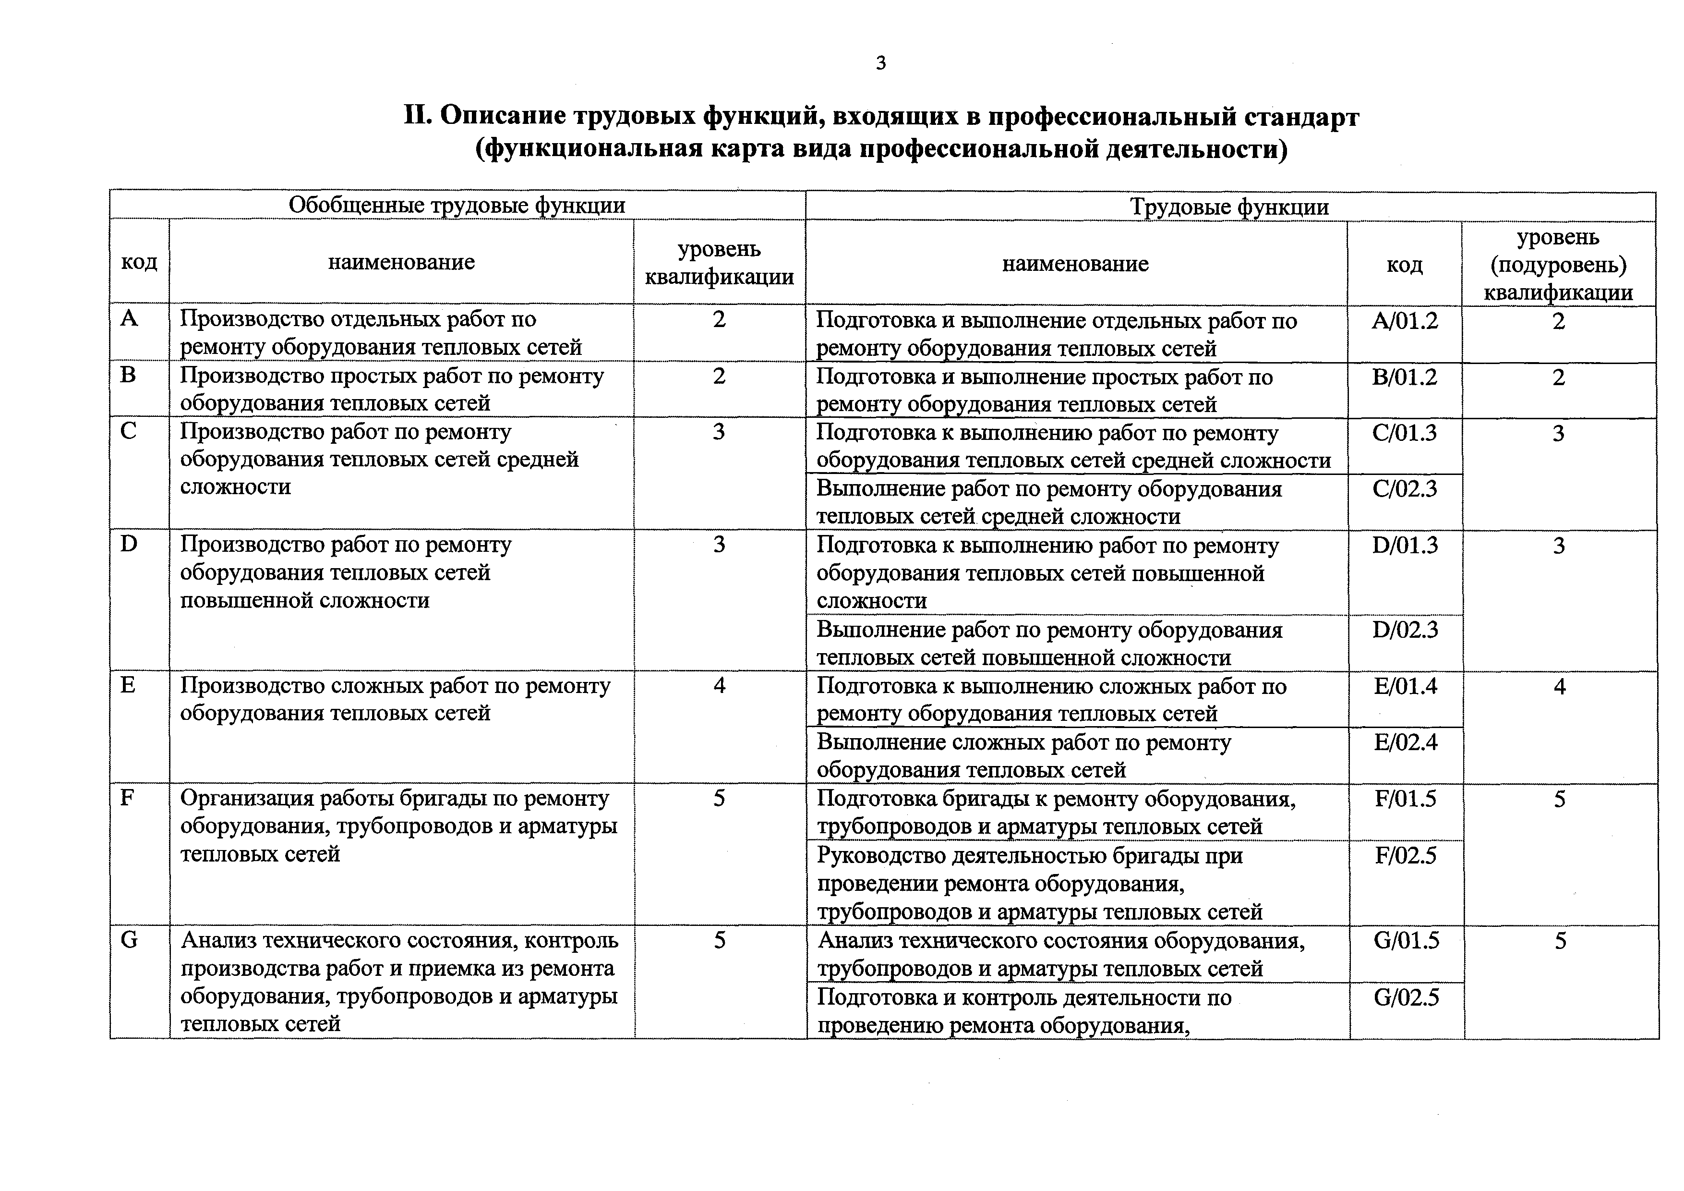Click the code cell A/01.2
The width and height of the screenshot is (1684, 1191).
(1405, 321)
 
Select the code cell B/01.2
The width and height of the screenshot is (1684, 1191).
(1405, 377)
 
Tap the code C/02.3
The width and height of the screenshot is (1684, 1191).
(1405, 489)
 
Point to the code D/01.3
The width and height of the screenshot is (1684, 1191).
(1405, 545)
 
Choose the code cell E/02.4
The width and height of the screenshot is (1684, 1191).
(1405, 742)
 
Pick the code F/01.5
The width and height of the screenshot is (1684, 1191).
(1405, 799)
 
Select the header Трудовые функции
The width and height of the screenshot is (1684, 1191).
(1229, 207)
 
